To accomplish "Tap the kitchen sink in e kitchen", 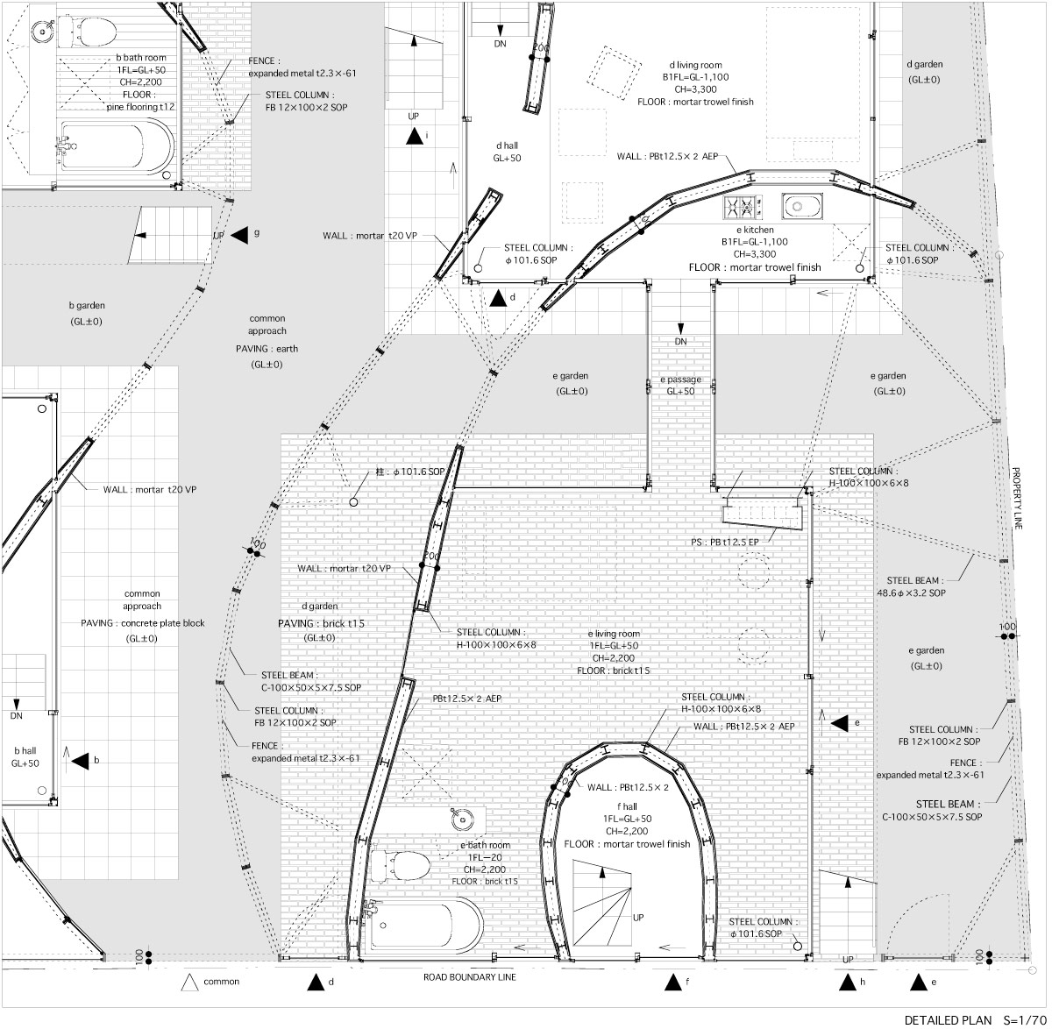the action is (801, 206).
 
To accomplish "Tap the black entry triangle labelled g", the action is (239, 235).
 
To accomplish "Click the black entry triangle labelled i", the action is (414, 136).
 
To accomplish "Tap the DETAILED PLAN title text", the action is (948, 1020).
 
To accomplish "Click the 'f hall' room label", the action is (627, 806).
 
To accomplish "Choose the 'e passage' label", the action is (680, 380).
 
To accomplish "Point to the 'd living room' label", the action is (695, 65).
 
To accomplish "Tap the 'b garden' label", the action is (87, 305).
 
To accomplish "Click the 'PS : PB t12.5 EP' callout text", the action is (725, 542).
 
